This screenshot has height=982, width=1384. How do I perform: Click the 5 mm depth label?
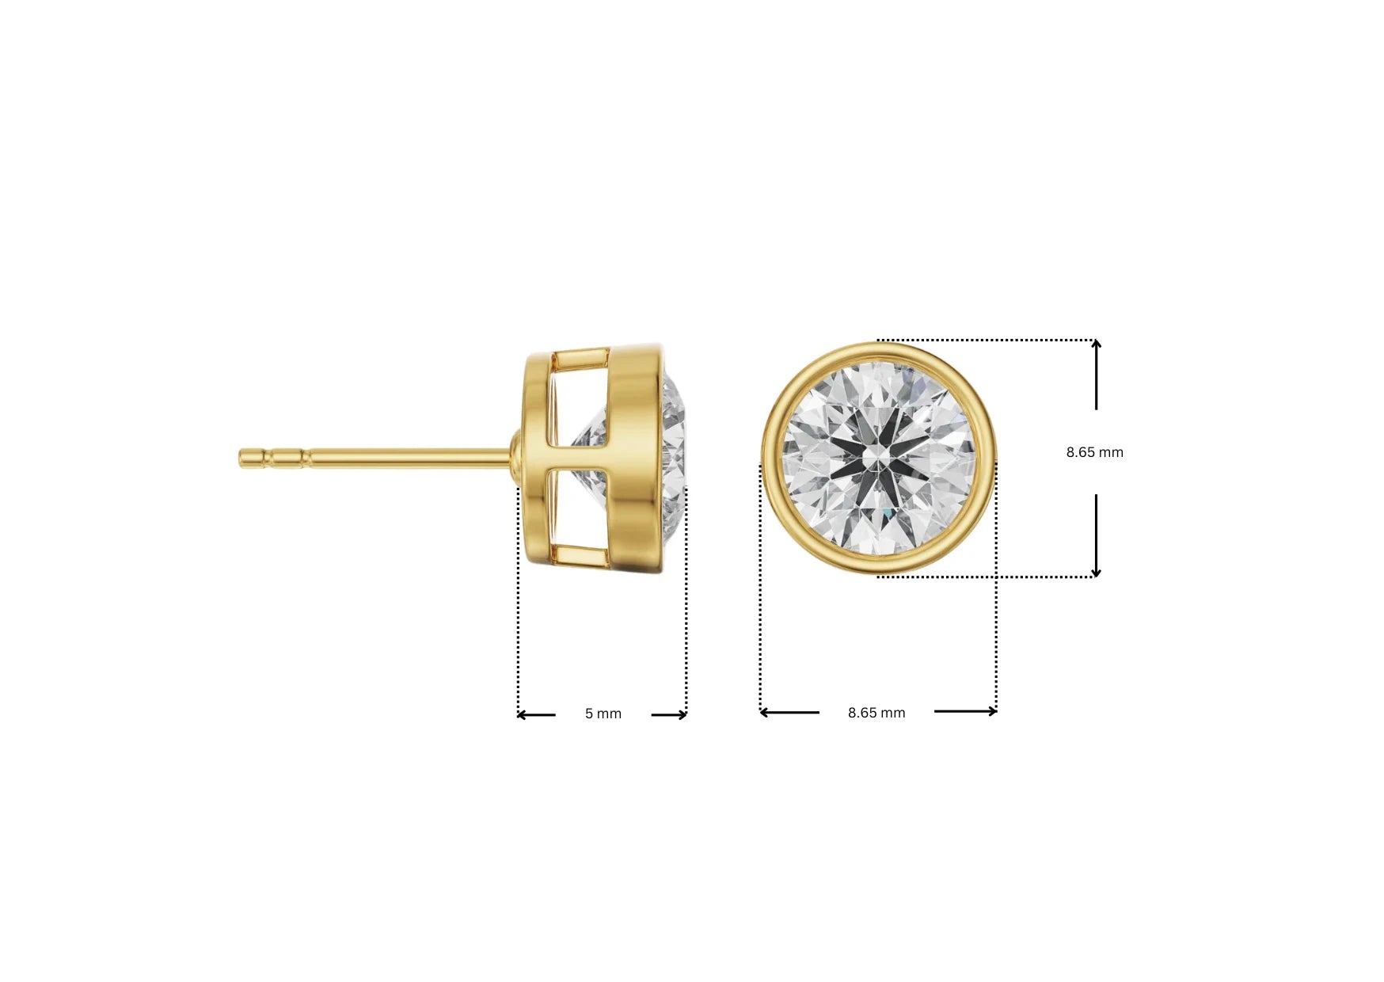click(x=603, y=714)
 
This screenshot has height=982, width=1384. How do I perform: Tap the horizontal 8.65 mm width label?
click(x=876, y=713)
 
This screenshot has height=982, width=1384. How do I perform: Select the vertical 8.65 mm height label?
click(x=1094, y=452)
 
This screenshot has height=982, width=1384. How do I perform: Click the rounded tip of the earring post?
click(x=243, y=458)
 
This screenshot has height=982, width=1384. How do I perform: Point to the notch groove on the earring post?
click(x=303, y=458)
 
